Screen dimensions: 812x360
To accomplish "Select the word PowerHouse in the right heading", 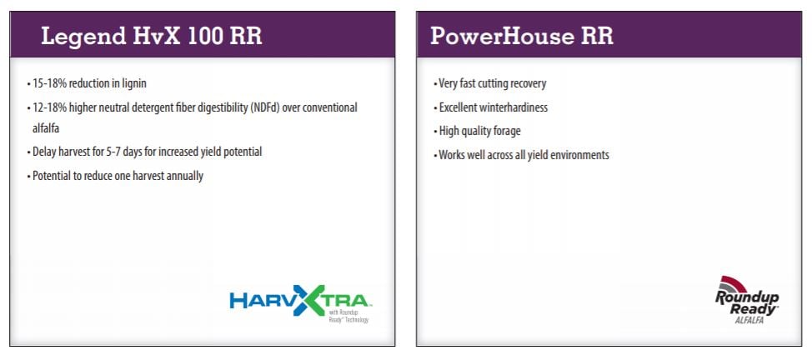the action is (x=499, y=37).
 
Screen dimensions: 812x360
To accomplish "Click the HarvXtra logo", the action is (x=299, y=303).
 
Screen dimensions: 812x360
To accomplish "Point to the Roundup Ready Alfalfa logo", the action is (x=746, y=300).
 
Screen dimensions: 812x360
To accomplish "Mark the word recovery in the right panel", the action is (x=529, y=83).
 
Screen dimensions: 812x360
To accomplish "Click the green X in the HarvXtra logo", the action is (x=309, y=300).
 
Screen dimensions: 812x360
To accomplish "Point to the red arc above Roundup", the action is (x=733, y=282).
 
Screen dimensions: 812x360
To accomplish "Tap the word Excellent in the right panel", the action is (x=456, y=107).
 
